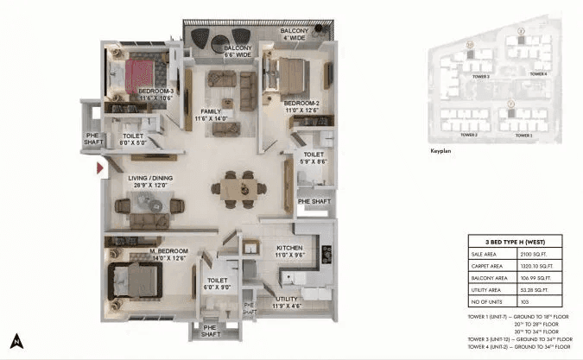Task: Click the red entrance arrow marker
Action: [101, 167]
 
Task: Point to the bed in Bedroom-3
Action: [138, 74]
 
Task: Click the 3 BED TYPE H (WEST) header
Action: [518, 242]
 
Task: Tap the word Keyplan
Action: [440, 151]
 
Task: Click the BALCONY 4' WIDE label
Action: [294, 35]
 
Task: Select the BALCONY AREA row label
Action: [490, 281]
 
